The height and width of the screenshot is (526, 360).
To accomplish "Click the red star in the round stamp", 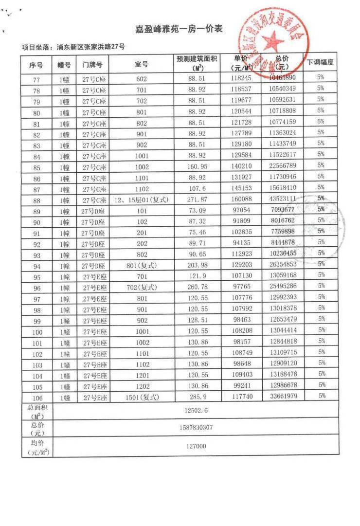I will [x=274, y=39].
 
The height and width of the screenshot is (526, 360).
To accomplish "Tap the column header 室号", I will [x=141, y=64].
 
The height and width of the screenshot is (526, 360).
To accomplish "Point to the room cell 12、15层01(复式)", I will [x=141, y=200].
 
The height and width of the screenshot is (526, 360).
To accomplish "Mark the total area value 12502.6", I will [x=196, y=411].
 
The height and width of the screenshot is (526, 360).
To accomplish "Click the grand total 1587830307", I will [x=196, y=428].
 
